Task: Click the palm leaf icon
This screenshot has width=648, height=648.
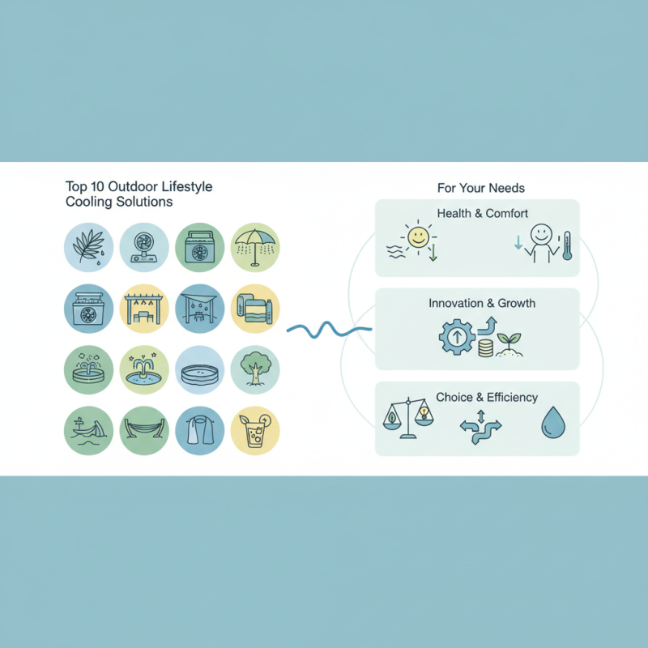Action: [88, 247]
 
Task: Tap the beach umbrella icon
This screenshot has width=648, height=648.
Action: [255, 247]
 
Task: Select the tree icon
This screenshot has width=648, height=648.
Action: [255, 369]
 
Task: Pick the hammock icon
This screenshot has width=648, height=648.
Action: [144, 430]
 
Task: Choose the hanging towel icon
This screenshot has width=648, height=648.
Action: [199, 430]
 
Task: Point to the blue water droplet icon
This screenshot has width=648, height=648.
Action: [553, 422]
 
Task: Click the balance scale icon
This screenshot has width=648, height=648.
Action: [408, 418]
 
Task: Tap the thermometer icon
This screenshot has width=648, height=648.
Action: [567, 245]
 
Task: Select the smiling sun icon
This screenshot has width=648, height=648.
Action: [418, 237]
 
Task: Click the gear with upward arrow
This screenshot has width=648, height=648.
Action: [457, 337]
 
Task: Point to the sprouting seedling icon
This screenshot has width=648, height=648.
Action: [509, 345]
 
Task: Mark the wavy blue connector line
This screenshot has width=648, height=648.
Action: [330, 330]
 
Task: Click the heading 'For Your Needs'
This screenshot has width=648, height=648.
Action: [481, 188]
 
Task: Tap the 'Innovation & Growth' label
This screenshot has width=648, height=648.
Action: [482, 303]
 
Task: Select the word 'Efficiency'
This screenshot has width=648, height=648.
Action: [512, 398]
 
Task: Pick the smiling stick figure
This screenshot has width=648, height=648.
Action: [540, 244]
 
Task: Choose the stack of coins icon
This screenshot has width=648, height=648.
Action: [485, 348]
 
